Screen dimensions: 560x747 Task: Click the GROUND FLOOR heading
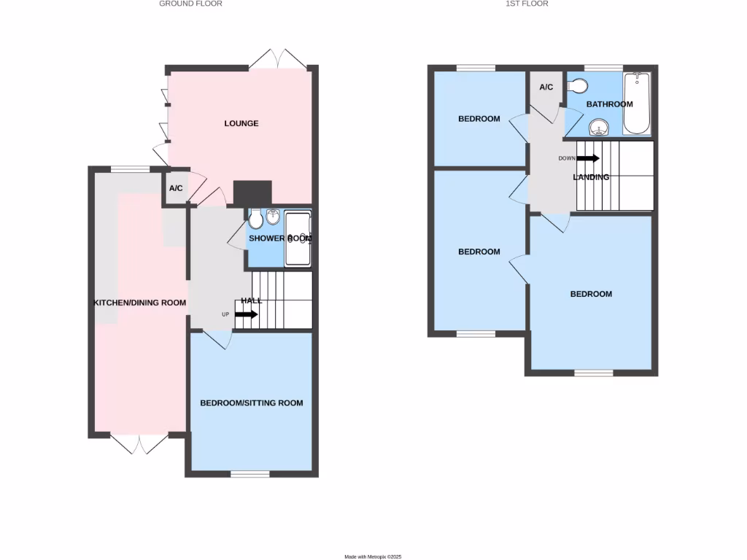tap(190, 4)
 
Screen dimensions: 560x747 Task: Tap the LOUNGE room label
tap(241, 123)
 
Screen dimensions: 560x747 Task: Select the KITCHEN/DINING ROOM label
tap(139, 303)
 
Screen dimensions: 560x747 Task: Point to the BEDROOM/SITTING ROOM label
tap(251, 402)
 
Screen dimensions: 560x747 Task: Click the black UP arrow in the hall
tap(246, 314)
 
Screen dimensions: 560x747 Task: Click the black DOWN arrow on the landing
tap(589, 158)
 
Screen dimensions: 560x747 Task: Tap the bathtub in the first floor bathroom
tap(637, 104)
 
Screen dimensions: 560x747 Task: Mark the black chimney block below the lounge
tap(252, 193)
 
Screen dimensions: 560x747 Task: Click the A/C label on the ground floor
tap(176, 188)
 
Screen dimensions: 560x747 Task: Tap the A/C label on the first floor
tap(546, 87)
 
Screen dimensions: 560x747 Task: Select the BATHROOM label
tap(609, 104)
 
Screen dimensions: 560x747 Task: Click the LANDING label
tap(591, 177)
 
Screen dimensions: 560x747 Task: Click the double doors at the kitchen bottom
tap(139, 443)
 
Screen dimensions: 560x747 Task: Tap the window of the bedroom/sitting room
tap(250, 474)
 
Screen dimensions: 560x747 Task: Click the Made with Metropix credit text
tap(373, 556)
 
